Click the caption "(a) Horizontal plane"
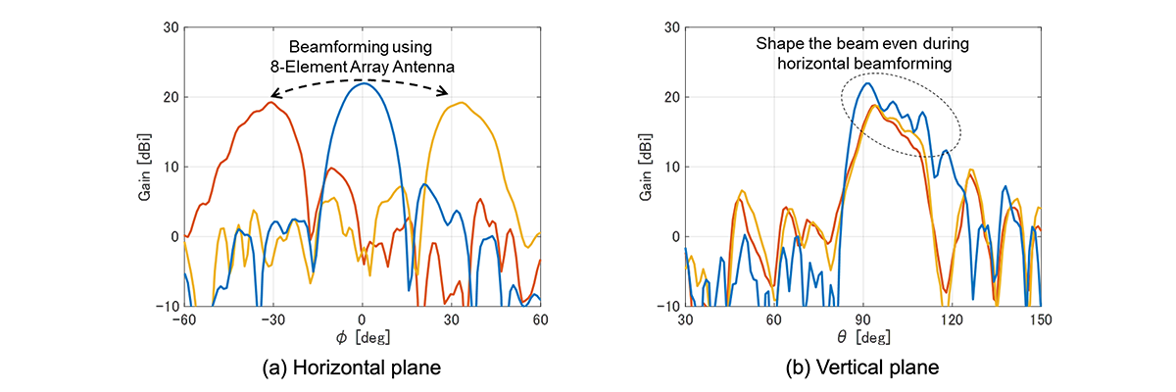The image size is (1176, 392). click(x=362, y=367)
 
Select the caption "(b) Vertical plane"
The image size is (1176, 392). click(x=862, y=367)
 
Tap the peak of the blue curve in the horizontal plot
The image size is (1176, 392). click(x=363, y=83)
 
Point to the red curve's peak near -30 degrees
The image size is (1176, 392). click(x=272, y=102)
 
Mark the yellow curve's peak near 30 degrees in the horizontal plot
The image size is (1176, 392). click(x=457, y=102)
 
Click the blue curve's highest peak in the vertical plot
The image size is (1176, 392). click(x=866, y=83)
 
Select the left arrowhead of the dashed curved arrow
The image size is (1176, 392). click(x=273, y=95)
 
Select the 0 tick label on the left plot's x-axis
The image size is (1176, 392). click(x=363, y=320)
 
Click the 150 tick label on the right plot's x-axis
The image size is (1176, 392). click(x=1040, y=320)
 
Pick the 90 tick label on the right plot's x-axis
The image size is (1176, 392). click(x=862, y=320)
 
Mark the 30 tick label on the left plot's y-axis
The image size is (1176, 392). click(x=171, y=28)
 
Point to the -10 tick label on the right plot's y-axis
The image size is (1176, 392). click(x=668, y=306)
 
